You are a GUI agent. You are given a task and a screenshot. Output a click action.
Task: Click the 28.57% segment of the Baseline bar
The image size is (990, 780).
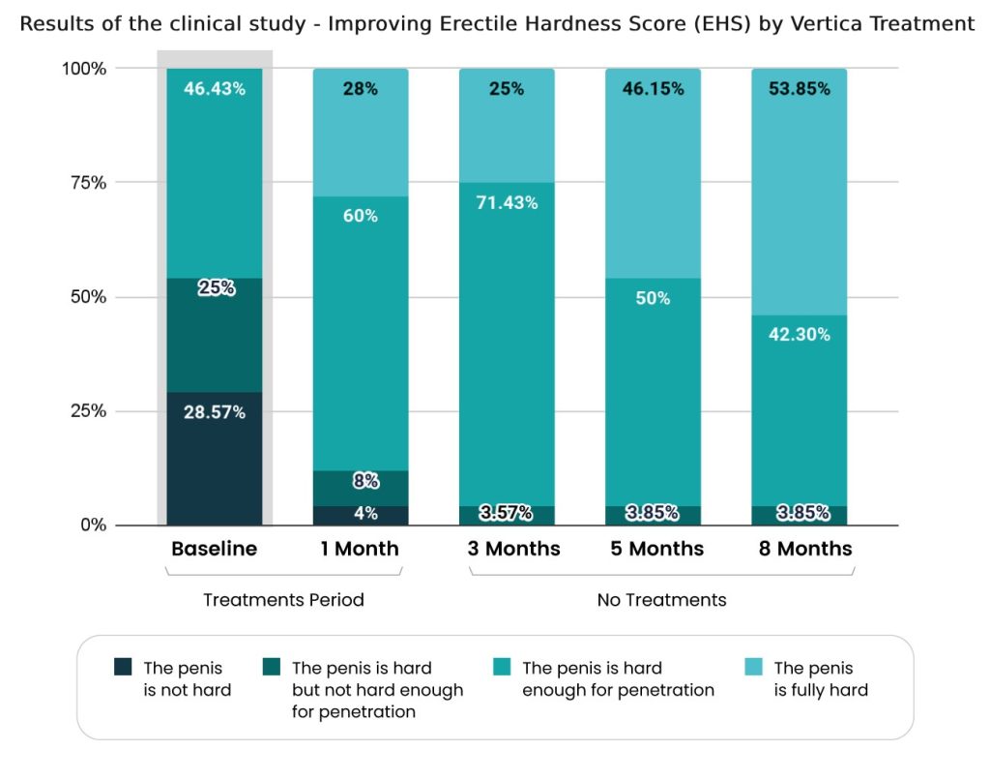click(x=215, y=455)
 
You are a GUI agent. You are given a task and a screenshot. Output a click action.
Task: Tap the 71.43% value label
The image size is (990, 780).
click(x=506, y=202)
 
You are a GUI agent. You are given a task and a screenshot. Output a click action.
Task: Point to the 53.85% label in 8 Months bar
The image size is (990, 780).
click(x=798, y=88)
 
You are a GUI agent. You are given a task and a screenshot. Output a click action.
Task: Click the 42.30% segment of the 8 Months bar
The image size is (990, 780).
click(x=799, y=406)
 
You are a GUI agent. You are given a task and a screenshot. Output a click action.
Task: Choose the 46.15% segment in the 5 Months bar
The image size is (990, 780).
click(x=653, y=165)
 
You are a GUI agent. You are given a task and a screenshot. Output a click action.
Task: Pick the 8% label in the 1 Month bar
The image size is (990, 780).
click(x=360, y=481)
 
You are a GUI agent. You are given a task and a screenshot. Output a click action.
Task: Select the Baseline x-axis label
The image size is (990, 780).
click(x=215, y=549)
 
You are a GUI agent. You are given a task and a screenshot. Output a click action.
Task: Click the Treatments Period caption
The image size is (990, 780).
click(x=283, y=600)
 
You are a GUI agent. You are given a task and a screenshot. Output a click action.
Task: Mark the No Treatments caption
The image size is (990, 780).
click(x=661, y=600)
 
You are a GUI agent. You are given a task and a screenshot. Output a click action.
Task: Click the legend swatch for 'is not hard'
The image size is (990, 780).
click(x=123, y=667)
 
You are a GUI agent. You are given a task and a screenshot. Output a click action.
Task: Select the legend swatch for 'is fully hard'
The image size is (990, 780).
click(x=754, y=667)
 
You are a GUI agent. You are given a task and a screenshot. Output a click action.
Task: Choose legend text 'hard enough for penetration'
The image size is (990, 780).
click(x=618, y=678)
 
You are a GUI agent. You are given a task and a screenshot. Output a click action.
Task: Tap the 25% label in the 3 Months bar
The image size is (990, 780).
click(x=506, y=88)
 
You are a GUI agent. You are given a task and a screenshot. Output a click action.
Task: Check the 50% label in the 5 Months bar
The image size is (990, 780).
click(x=653, y=298)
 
